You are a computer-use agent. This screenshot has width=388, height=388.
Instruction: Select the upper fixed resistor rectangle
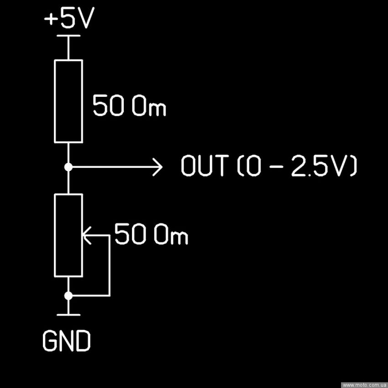point(68,101)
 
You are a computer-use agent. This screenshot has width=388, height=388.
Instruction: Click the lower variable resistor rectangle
point(68,235)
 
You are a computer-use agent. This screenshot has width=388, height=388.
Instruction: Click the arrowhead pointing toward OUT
point(157,168)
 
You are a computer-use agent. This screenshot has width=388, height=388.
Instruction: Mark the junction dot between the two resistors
point(68,168)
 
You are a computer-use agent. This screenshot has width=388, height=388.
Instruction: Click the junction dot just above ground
point(68,296)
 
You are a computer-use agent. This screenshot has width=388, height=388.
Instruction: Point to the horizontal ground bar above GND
point(68,314)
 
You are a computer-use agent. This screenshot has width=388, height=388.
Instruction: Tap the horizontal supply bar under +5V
point(68,36)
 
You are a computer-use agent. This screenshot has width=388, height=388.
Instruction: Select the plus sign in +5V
point(51,20)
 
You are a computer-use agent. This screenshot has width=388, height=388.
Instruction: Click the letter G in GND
point(51,341)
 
